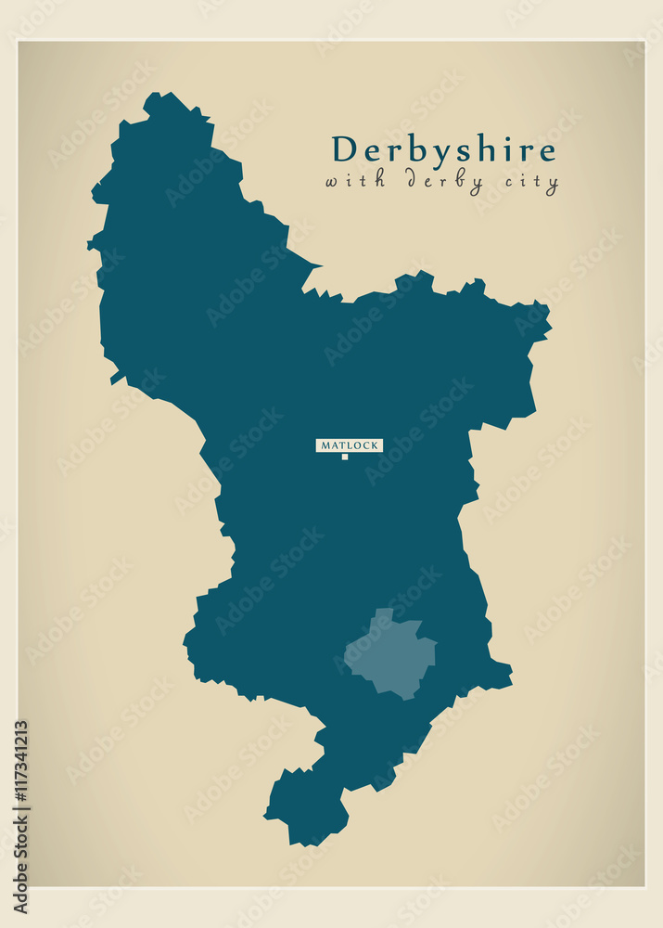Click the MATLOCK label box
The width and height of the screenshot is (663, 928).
(349, 445)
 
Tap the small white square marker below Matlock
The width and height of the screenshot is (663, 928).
(345, 457)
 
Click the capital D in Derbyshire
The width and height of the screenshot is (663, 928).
(344, 149)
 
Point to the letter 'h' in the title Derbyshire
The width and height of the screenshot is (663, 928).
(479, 149)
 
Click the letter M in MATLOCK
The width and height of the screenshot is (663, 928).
(324, 445)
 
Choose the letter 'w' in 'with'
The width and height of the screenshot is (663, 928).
(333, 181)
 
